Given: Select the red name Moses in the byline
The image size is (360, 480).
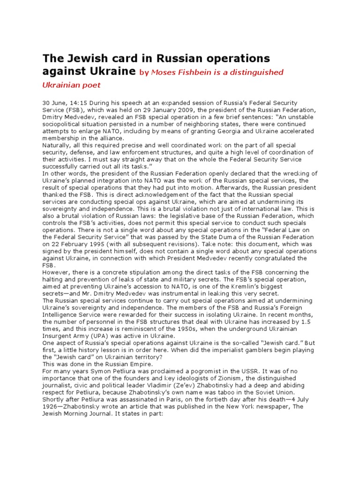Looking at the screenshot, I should (x=164, y=72).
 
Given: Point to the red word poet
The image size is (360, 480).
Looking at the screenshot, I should (x=92, y=85).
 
